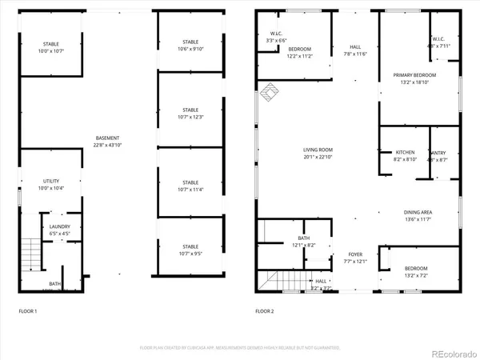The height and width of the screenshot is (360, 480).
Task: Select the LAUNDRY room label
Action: coord(59,226)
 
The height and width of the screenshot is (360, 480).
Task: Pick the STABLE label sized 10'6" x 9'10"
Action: coord(190,42)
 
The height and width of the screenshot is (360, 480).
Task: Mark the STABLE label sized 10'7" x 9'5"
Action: coord(190,250)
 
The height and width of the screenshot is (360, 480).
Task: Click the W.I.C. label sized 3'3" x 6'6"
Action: coord(276,34)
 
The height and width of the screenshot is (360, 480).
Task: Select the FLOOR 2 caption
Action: coord(266,310)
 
